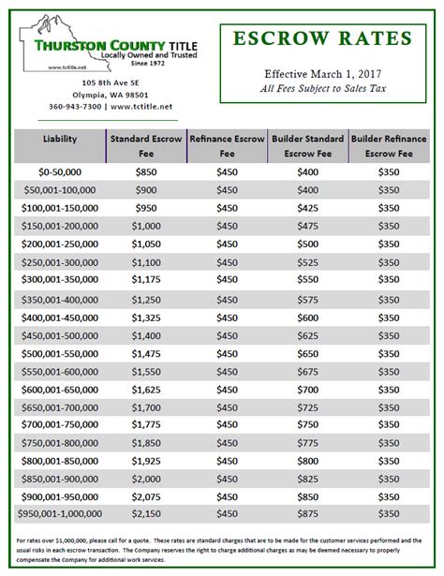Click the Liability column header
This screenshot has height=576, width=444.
(x=60, y=139)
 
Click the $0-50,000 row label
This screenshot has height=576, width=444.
(x=60, y=172)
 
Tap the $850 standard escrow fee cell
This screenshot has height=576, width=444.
(x=145, y=172)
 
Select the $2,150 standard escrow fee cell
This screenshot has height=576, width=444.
(x=145, y=514)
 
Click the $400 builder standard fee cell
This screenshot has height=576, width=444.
(x=307, y=172)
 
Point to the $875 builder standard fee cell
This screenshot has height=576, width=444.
(x=307, y=514)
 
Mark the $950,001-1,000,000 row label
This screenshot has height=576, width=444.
(x=60, y=514)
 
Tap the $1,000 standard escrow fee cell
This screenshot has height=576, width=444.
(x=145, y=226)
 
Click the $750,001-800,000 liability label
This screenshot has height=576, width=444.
(x=60, y=442)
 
